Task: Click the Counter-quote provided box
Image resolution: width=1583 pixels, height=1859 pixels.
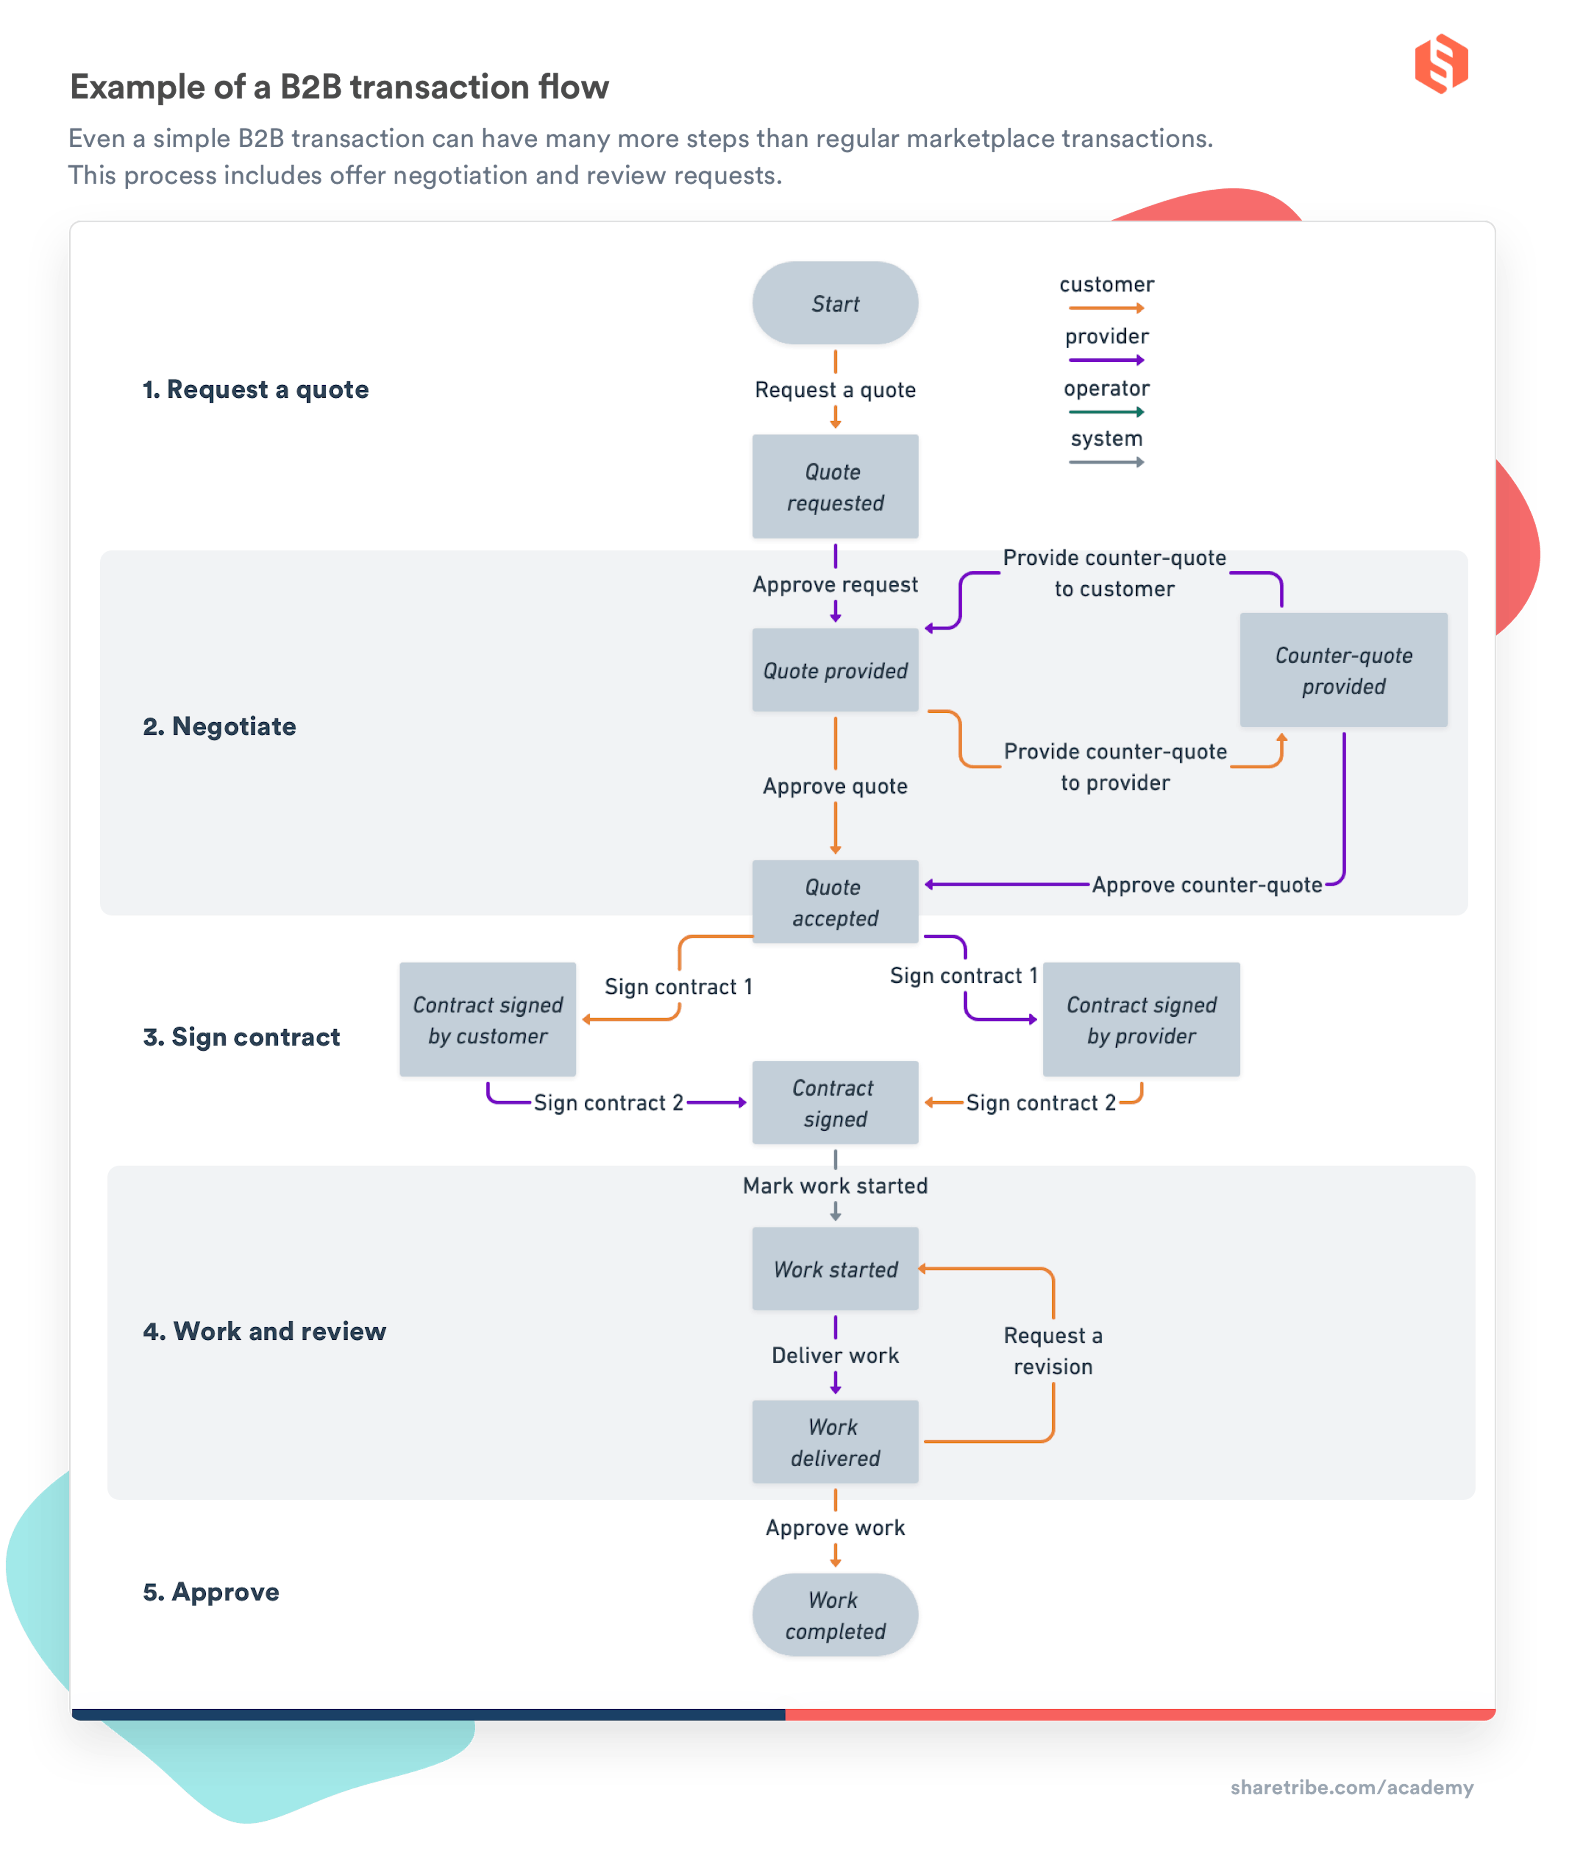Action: (x=1343, y=670)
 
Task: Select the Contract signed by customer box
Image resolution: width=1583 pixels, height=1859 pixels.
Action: (x=487, y=1019)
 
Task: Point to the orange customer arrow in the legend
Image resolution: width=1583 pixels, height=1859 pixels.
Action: (x=1106, y=308)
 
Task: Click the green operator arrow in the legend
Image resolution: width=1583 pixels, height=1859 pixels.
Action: (x=1106, y=412)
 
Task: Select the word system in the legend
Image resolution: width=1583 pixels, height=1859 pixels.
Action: (x=1106, y=439)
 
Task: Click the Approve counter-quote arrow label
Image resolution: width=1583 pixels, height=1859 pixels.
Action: (x=1206, y=885)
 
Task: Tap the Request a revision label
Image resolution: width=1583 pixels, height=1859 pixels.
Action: (x=1052, y=1350)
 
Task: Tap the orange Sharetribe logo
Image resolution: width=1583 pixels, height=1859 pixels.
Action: (x=1440, y=64)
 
